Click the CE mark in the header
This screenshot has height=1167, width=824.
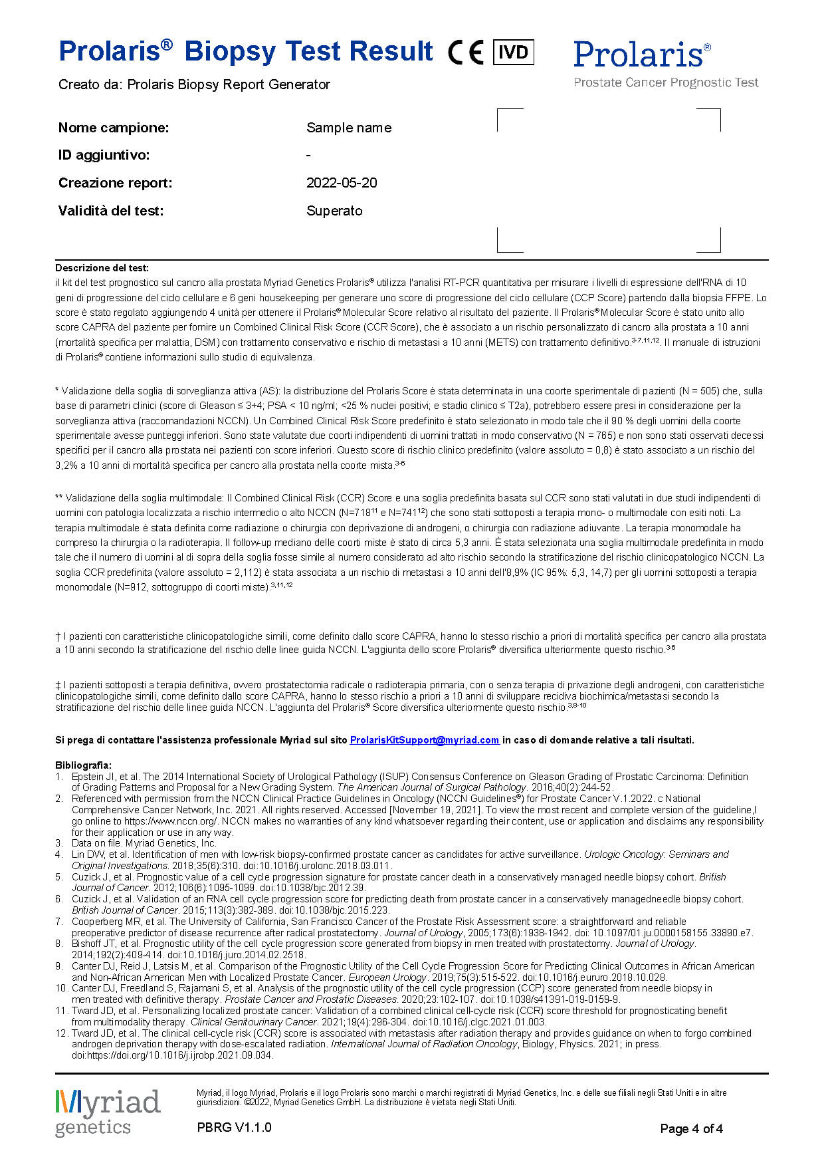(x=465, y=53)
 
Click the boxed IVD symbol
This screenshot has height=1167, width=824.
(x=513, y=52)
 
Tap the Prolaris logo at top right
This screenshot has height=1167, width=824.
(x=641, y=55)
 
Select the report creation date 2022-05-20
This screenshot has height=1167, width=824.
(x=342, y=183)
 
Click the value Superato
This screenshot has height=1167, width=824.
(x=334, y=211)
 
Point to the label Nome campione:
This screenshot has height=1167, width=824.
(x=114, y=128)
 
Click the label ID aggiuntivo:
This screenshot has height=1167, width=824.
(x=104, y=155)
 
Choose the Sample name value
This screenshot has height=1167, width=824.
(x=349, y=128)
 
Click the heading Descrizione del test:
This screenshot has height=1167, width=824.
(x=102, y=268)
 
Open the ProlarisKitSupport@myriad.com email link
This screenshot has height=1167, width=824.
(x=425, y=740)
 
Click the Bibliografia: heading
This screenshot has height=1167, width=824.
(x=83, y=765)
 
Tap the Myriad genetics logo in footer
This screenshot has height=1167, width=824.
(x=108, y=1112)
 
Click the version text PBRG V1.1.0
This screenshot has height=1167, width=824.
(x=234, y=1127)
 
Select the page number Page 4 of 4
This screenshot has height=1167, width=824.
(x=691, y=1128)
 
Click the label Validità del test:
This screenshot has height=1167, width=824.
(x=111, y=211)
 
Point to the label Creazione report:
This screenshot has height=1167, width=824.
(x=115, y=183)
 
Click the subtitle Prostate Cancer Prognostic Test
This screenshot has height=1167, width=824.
(x=666, y=82)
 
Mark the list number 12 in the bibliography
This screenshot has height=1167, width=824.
(x=61, y=1033)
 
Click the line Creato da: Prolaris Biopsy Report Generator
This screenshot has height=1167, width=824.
(x=194, y=84)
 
